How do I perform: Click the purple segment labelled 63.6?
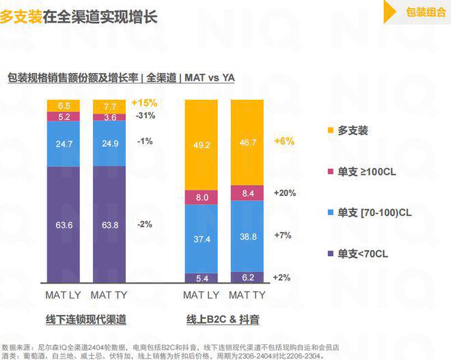64,223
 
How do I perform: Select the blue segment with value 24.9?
110,143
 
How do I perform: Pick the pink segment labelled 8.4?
247,193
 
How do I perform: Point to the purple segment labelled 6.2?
247,277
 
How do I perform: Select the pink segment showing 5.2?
64,117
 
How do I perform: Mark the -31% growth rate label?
145,116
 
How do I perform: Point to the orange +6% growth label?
284,141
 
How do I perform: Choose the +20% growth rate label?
284,193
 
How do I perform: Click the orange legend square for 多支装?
329,130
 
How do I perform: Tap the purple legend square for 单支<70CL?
329,254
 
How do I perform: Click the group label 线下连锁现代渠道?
86,319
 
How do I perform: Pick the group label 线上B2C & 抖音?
223,319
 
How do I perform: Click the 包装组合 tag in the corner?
425,11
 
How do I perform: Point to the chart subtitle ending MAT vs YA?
121,78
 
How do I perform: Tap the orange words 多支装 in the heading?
20,16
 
